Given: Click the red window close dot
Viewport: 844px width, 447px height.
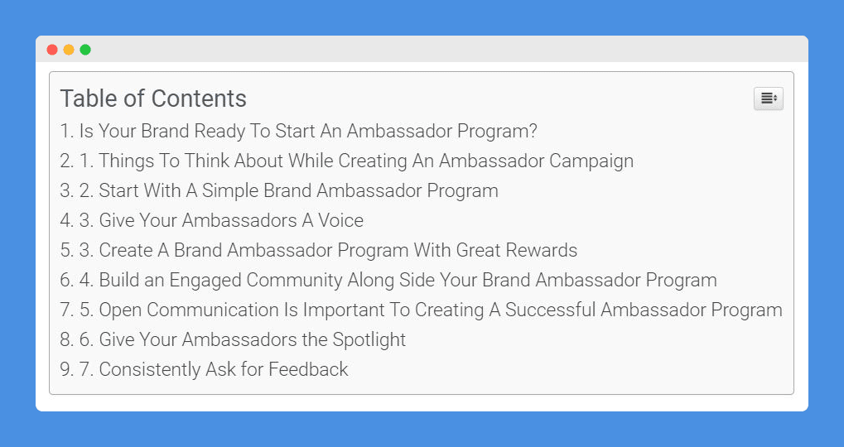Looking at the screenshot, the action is tap(52, 50).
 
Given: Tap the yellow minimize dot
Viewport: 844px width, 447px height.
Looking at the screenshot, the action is tap(69, 50).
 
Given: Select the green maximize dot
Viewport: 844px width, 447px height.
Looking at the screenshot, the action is tap(85, 50).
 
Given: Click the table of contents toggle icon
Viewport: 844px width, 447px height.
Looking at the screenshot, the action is tap(768, 99).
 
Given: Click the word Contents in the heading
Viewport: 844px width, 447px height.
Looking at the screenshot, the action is tap(199, 99).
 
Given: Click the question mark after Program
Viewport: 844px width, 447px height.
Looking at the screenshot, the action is tap(533, 132).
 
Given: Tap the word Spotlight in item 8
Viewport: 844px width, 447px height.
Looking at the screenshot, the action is tap(369, 339).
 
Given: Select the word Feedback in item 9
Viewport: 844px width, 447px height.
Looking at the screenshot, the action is tap(308, 369).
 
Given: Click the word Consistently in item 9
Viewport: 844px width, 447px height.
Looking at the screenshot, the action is tap(148, 369).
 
